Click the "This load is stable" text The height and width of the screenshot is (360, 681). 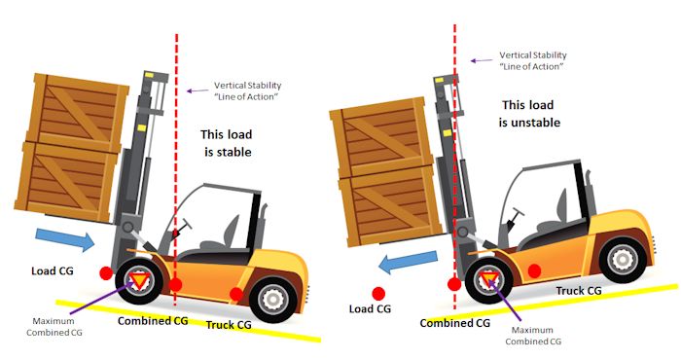(x=227, y=143)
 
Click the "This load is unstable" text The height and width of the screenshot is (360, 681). (x=529, y=113)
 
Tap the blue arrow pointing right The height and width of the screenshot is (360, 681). (x=65, y=239)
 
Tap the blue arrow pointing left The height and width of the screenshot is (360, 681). (x=408, y=262)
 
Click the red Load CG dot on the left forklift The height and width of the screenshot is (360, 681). (x=105, y=273)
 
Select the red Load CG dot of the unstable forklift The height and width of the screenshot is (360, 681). (x=378, y=294)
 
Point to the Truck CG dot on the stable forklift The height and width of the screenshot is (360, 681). (x=235, y=294)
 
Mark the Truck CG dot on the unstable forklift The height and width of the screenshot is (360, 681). (x=534, y=271)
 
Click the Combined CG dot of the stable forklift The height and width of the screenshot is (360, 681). (x=175, y=285)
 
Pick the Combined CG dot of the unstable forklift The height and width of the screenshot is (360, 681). (x=454, y=284)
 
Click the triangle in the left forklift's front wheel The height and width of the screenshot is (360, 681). (x=139, y=281)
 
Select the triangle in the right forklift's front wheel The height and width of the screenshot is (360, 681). (x=489, y=279)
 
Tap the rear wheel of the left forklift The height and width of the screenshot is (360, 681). (x=273, y=300)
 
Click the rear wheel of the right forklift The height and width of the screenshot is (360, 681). (x=623, y=260)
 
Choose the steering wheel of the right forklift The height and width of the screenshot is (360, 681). (x=517, y=213)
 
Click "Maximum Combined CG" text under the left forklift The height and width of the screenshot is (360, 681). (x=54, y=327)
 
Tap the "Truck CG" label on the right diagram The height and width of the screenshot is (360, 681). (x=579, y=291)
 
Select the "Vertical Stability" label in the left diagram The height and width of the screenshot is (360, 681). (x=247, y=85)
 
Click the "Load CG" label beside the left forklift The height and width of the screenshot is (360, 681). (x=53, y=271)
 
